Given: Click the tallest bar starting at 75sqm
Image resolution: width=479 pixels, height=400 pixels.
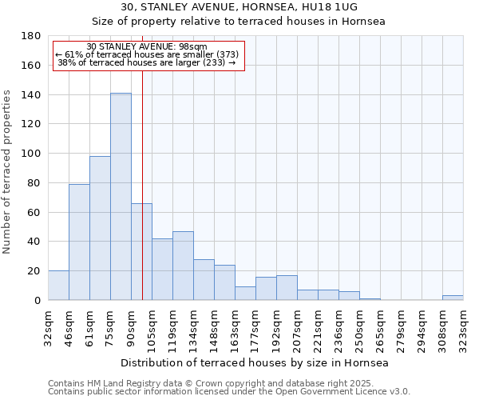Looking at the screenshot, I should coord(121,197).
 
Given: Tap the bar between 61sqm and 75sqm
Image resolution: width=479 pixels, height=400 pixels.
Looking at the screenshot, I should coord(100,228).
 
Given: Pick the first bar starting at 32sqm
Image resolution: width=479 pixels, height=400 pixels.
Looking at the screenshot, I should coord(58,286).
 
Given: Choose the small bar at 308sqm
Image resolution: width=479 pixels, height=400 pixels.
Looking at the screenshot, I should coord(453,298).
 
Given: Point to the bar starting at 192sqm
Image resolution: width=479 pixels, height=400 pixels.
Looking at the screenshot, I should coord(287,288).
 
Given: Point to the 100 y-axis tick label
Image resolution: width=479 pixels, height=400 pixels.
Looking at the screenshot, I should coord(32,154).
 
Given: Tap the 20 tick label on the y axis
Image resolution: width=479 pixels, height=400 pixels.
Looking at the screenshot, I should coord(35,271).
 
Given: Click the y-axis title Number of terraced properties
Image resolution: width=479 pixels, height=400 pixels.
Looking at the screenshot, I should coord(8,172).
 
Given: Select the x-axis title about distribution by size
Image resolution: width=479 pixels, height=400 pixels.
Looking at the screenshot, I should coord(255,362).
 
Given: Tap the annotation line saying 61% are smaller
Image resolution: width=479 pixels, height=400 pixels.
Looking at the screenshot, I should coord(147,54).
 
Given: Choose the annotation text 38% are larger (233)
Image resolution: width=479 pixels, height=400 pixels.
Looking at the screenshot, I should coord(147,62).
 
